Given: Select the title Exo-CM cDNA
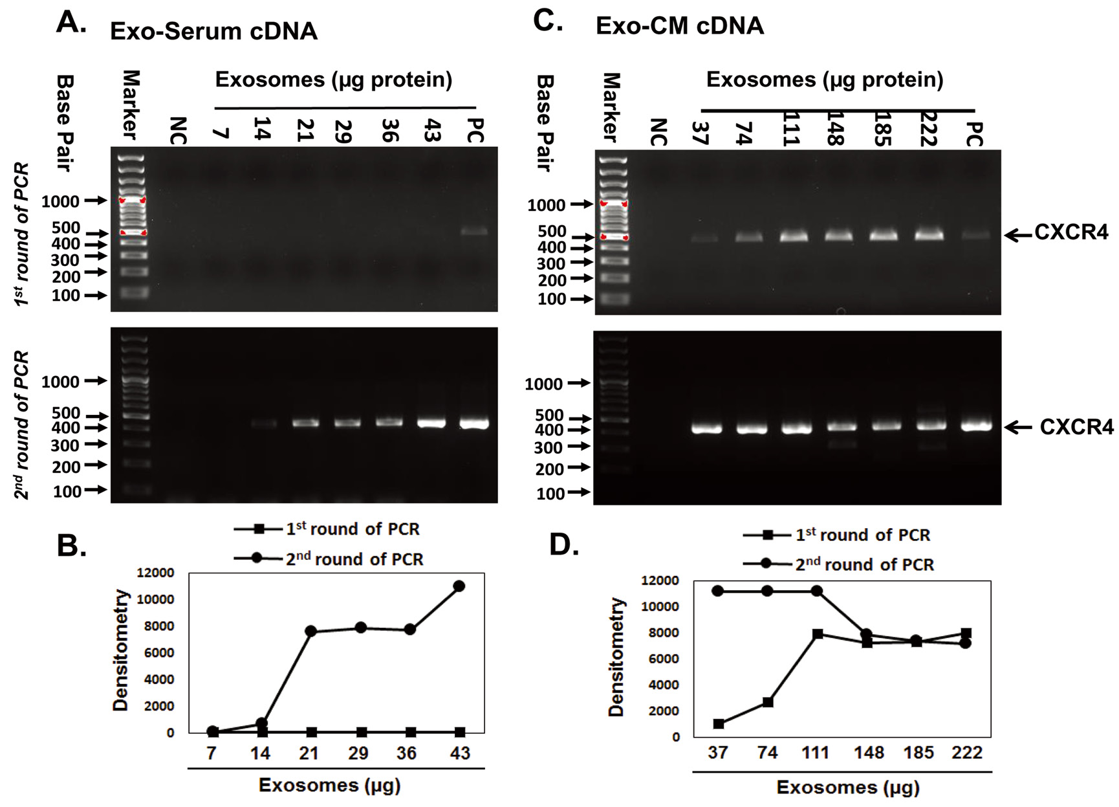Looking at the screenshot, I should click(679, 26).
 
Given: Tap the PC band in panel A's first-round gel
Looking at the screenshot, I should click(475, 230).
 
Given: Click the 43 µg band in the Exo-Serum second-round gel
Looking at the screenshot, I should click(431, 423).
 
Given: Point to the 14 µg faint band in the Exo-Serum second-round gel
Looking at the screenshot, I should click(263, 424).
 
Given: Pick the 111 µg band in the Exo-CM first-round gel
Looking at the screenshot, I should click(794, 236).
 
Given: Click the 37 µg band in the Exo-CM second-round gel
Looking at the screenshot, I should click(706, 428).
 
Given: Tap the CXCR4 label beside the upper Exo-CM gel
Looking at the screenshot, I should click(1071, 232).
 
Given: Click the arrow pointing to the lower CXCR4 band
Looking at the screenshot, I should click(1019, 427).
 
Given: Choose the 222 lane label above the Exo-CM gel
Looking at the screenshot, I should click(929, 129).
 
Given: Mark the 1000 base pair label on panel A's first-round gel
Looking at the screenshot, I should click(60, 201).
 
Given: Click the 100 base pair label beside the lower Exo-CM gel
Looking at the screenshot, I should click(550, 494).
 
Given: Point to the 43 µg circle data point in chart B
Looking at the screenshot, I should click(459, 586).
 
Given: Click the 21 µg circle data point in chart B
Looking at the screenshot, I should click(310, 631).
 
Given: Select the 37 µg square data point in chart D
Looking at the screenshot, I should click(718, 724).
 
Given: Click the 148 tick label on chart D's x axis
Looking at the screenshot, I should click(868, 753).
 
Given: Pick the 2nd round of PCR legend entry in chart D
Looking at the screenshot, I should click(864, 565).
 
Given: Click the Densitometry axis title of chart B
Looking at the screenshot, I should click(121, 650).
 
